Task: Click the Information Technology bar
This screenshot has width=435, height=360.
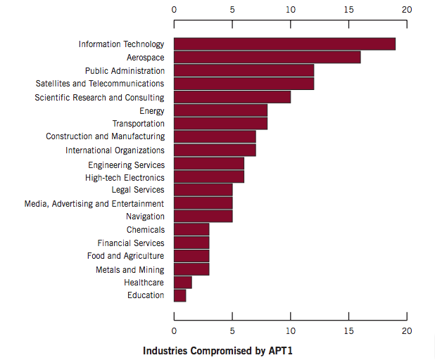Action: coord(284,44)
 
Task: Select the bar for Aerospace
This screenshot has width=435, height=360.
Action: coord(267,58)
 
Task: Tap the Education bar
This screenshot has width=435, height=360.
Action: coord(179,295)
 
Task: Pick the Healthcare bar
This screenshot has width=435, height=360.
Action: coord(182,282)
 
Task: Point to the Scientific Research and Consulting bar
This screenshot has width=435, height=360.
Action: coord(232,97)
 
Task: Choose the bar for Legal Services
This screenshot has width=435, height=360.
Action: coord(203,190)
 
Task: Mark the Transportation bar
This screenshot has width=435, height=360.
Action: coord(220,124)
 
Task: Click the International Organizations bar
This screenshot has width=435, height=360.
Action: coord(215,150)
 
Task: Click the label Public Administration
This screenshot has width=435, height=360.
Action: coord(125,71)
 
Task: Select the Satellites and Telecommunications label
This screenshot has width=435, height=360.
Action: coord(100,84)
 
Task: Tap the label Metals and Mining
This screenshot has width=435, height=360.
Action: coord(130,269)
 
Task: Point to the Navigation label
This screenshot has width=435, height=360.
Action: coord(145,217)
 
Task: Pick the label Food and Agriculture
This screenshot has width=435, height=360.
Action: coord(125,256)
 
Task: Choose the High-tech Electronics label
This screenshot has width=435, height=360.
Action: coord(125,177)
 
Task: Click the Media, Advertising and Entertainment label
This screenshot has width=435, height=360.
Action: coord(94,203)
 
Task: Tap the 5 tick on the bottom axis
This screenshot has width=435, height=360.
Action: coord(232,330)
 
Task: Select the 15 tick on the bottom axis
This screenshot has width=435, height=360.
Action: coord(348,330)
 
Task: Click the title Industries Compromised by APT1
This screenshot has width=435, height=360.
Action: coord(217,349)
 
